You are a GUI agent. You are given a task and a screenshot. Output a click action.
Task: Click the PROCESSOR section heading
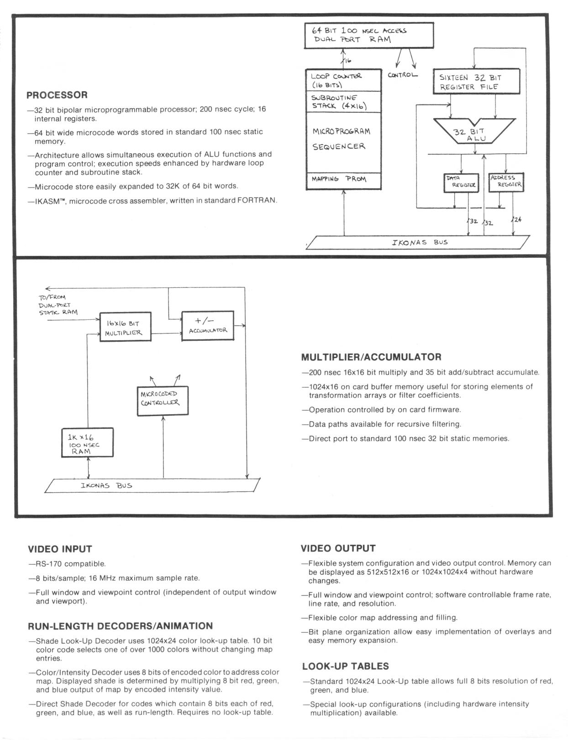click(x=57, y=95)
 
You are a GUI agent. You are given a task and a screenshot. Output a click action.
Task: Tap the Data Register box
click(x=461, y=182)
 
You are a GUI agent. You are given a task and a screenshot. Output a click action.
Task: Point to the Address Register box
click(x=506, y=182)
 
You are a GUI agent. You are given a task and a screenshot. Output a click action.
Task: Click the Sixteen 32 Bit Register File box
click(x=476, y=82)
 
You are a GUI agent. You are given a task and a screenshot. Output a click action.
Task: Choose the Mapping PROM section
click(x=343, y=180)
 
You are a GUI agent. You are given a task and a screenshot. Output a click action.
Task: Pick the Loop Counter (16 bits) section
click(x=343, y=80)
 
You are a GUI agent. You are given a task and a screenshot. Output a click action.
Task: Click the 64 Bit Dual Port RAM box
click(x=369, y=36)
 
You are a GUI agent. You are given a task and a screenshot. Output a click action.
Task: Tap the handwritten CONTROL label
click(x=402, y=75)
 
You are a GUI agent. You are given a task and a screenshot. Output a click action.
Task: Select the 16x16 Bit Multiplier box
click(x=125, y=327)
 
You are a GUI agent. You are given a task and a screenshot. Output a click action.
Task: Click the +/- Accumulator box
click(x=208, y=325)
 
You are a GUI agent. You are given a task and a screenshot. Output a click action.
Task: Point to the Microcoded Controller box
click(x=163, y=401)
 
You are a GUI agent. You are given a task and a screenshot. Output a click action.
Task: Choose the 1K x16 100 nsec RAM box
click(x=87, y=443)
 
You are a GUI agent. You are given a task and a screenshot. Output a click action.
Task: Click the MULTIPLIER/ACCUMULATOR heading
click(x=371, y=357)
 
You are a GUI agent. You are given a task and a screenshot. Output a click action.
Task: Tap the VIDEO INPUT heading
click(x=60, y=549)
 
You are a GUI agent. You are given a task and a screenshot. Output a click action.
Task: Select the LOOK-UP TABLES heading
click(x=345, y=666)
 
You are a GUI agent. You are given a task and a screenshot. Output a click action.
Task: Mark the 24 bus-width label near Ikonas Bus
click(x=517, y=219)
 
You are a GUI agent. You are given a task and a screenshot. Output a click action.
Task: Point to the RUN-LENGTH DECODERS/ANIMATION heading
click(x=121, y=626)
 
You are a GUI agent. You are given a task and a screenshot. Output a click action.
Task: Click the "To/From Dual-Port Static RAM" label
click(x=58, y=305)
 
